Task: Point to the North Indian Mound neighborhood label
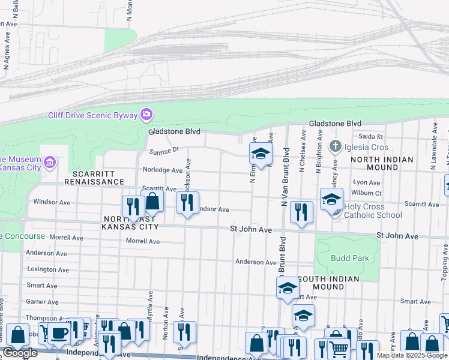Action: [382, 163]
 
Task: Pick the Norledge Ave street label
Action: [162, 170]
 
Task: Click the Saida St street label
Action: [371, 137]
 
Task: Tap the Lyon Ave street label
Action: [367, 182]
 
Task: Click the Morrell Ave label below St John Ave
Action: [143, 241]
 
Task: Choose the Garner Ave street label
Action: [41, 302]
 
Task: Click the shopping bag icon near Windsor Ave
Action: [152, 202]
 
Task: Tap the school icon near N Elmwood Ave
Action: [261, 154]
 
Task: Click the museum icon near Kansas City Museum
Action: [50, 162]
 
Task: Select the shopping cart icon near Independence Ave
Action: [339, 349]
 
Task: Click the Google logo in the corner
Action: [20, 353]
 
